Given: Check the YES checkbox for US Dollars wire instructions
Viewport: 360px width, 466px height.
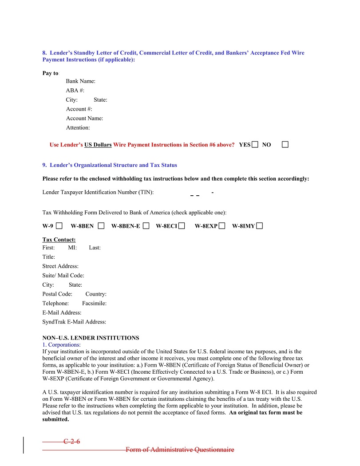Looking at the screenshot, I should (255, 145).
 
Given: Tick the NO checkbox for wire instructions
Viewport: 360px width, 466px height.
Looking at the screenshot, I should (285, 145).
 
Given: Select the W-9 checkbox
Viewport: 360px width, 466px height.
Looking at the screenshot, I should (59, 226).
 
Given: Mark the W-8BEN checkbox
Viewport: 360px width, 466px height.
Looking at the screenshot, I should (101, 226).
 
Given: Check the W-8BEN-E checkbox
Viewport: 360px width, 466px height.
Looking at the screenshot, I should (146, 226).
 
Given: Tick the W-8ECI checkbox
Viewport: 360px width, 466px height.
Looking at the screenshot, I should (182, 226).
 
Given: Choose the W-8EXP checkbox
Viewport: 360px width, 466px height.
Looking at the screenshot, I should (222, 226).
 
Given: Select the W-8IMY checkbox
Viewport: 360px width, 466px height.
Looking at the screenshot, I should (259, 226).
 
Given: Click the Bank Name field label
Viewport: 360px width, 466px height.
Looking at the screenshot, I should (81, 81).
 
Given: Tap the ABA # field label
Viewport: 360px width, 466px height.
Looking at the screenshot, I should (75, 91).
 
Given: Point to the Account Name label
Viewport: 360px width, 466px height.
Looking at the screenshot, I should (84, 118).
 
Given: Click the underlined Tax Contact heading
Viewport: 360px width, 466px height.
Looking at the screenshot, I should (59, 240).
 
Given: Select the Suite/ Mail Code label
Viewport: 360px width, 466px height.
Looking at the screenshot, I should (63, 276).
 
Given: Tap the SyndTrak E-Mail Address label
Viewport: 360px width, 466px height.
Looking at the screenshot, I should (74, 322).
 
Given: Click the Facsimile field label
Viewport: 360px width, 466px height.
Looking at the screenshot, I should (94, 304).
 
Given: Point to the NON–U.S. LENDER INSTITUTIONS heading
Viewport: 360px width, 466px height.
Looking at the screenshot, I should (91, 338).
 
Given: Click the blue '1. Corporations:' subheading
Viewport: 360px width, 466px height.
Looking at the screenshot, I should (62, 344).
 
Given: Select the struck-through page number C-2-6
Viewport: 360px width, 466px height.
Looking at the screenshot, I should (71, 441).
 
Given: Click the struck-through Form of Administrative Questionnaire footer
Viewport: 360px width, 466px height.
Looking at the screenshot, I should (179, 450).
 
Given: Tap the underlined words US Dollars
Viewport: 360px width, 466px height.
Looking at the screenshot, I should (98, 145).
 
